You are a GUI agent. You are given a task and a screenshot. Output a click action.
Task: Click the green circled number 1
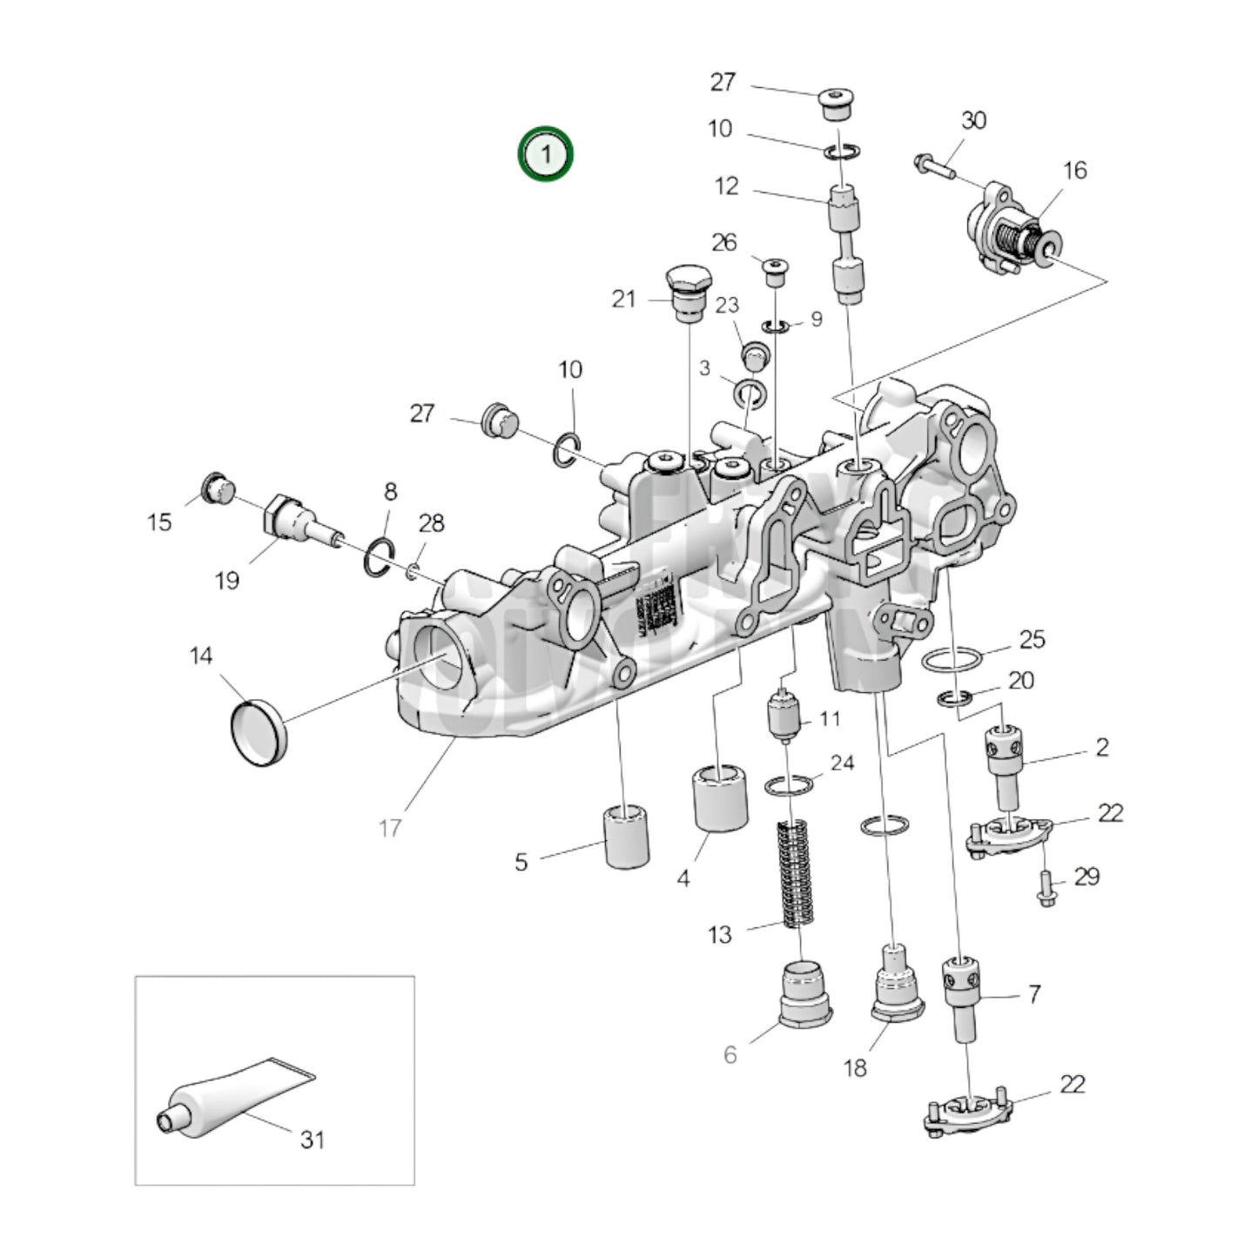546,155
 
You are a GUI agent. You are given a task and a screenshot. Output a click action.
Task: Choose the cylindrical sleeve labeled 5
627,837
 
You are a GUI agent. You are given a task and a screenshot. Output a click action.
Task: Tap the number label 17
390,827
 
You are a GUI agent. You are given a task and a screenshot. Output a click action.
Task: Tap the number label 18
855,1066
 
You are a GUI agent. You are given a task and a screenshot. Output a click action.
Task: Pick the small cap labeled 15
216,489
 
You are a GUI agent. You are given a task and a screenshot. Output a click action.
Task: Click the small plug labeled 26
774,271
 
